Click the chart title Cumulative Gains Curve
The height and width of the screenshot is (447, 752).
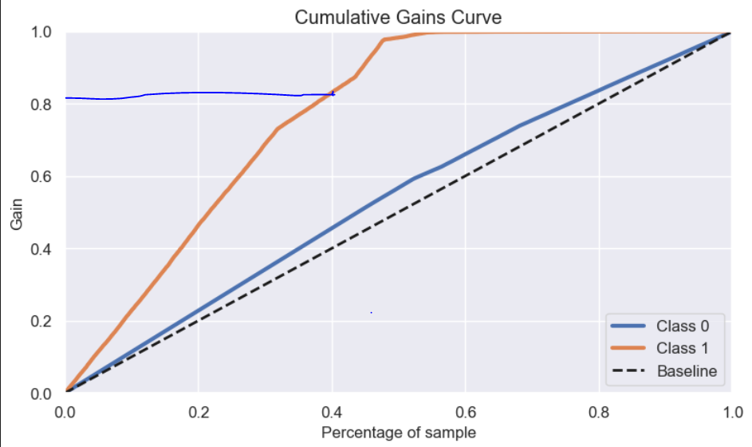point(398,17)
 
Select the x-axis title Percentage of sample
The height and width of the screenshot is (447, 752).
point(398,433)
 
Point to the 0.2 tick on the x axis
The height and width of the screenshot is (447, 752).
point(199,411)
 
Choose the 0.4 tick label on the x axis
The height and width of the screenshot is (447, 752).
point(333,411)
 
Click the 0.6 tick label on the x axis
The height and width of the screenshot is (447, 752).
point(466,411)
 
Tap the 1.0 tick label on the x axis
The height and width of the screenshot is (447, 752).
point(731,411)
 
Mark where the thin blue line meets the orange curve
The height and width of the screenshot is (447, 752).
point(333,94)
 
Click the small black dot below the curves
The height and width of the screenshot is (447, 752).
point(372,312)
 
